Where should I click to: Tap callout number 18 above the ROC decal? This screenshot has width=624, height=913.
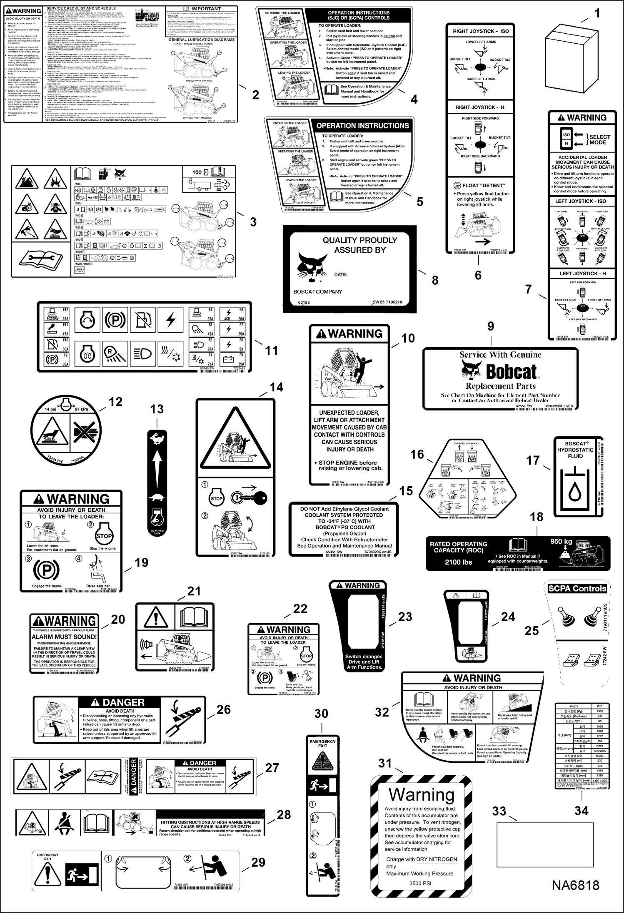pos(537,517)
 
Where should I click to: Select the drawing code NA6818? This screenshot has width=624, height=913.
pos(575,885)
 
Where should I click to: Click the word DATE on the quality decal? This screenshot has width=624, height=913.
pos(340,274)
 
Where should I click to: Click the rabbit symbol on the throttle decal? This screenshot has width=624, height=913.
pos(157,438)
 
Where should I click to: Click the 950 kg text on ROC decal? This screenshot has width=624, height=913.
pos(561,541)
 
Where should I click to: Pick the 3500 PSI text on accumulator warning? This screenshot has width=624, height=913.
pos(420,883)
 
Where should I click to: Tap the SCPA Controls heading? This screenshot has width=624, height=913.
pos(577,588)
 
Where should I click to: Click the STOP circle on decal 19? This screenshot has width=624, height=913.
pos(104,536)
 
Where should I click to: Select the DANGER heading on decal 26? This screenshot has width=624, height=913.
pos(123,702)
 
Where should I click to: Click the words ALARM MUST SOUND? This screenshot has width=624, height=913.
pos(64,637)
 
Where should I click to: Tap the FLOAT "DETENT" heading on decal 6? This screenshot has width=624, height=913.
pos(483,185)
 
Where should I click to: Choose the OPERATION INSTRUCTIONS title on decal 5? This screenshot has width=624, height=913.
pos(362,125)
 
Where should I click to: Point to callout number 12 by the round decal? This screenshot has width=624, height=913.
pos(116,402)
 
